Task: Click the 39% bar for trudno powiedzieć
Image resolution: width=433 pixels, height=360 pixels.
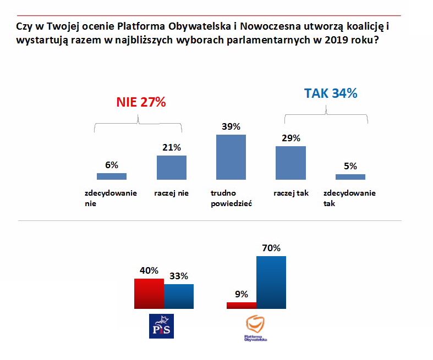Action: click(x=231, y=157)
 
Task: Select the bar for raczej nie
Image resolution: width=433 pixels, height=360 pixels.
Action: click(x=172, y=168)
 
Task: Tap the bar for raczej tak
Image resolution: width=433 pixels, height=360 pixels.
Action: click(x=291, y=163)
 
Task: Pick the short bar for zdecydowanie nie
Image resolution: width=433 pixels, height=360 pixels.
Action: click(x=112, y=176)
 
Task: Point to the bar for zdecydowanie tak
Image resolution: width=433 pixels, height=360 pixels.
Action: click(x=350, y=177)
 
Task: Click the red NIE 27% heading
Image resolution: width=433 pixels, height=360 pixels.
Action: click(x=141, y=102)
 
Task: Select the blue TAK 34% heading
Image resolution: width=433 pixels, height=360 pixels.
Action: click(x=331, y=93)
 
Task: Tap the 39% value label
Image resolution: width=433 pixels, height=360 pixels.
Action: click(x=231, y=126)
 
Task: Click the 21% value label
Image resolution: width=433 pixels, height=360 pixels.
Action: click(x=172, y=147)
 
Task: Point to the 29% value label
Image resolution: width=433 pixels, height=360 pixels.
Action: click(x=291, y=138)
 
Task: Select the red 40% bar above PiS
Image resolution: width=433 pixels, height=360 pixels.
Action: click(x=149, y=294)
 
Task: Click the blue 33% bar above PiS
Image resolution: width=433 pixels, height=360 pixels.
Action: click(x=179, y=297)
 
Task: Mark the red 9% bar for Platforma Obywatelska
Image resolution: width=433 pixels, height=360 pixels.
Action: click(x=242, y=306)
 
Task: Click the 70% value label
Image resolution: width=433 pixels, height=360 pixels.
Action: click(x=271, y=248)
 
